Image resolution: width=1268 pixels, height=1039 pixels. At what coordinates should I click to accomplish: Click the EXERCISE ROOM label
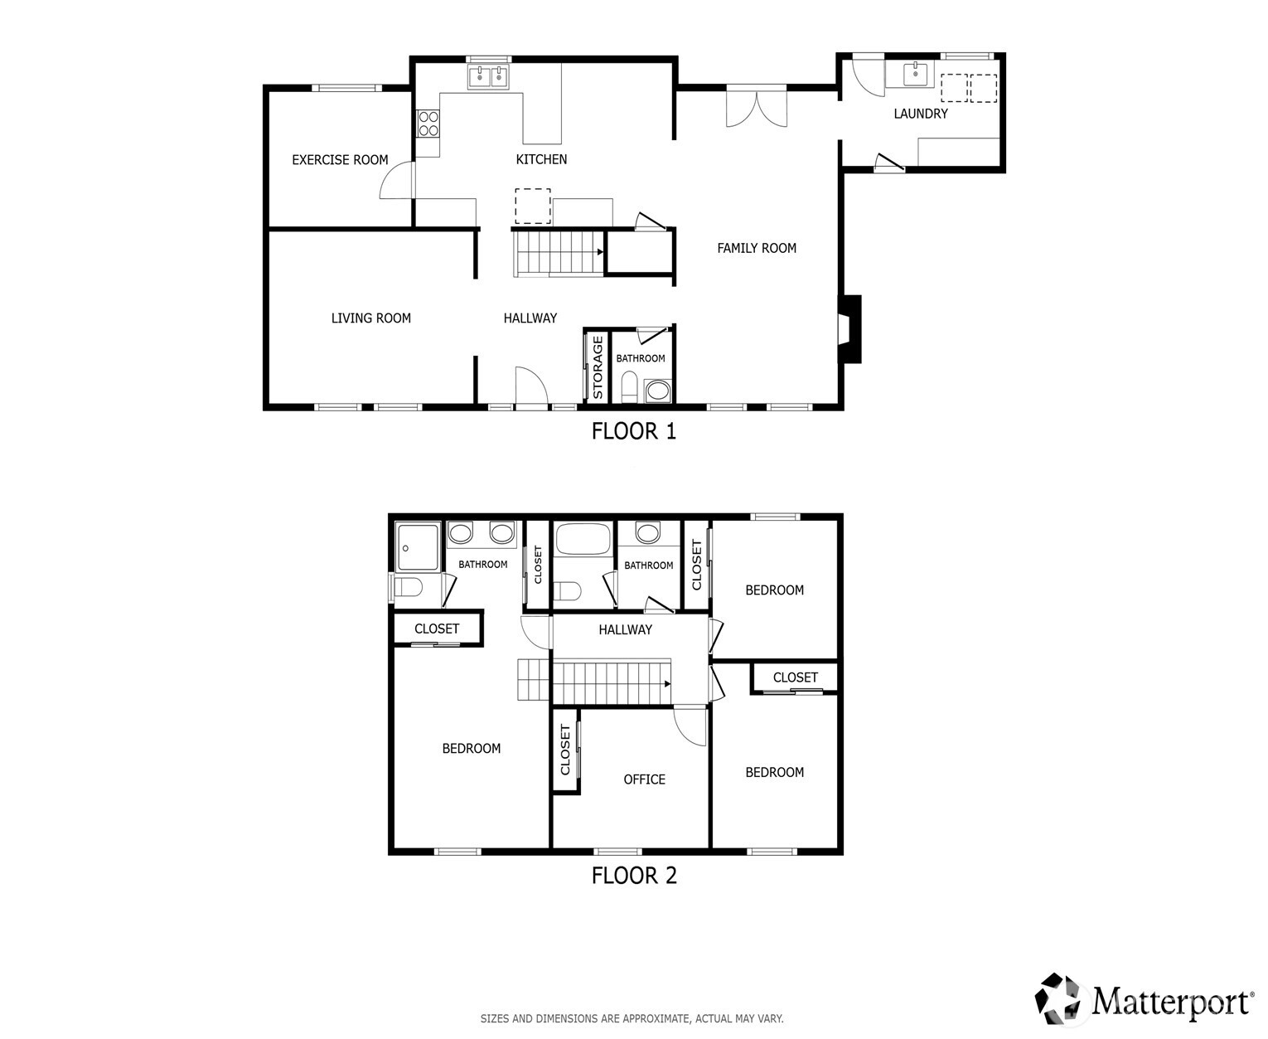pyautogui.click(x=340, y=160)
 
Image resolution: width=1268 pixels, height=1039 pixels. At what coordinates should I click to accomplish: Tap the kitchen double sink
pyautogui.click(x=488, y=77)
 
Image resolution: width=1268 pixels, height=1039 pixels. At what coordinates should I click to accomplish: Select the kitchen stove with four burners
pyautogui.click(x=428, y=124)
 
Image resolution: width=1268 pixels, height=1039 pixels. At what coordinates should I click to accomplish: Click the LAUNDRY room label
pyautogui.click(x=920, y=114)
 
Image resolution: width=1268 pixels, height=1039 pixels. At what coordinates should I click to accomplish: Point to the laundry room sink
pyautogui.click(x=914, y=75)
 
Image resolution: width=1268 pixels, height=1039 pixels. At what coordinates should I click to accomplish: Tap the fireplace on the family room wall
pyautogui.click(x=849, y=329)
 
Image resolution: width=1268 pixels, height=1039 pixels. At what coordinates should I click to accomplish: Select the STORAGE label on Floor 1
pyautogui.click(x=598, y=367)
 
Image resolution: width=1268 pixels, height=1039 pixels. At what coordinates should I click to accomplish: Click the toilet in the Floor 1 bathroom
pyautogui.click(x=628, y=388)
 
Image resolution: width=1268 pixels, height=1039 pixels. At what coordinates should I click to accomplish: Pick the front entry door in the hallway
pyautogui.click(x=530, y=388)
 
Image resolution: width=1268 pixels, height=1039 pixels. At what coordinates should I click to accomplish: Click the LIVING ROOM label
pyautogui.click(x=370, y=318)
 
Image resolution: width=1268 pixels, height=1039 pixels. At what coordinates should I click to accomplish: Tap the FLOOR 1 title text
pyautogui.click(x=634, y=431)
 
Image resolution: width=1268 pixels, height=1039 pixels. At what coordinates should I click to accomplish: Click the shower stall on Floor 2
pyautogui.click(x=419, y=546)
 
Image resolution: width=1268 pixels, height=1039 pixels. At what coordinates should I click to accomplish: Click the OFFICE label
pyautogui.click(x=644, y=779)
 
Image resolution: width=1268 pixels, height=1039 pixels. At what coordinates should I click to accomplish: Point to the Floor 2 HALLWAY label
pyautogui.click(x=625, y=630)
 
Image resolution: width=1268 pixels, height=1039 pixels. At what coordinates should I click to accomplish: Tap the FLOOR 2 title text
pyautogui.click(x=634, y=876)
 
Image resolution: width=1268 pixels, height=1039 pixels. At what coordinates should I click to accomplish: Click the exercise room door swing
pyautogui.click(x=396, y=180)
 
